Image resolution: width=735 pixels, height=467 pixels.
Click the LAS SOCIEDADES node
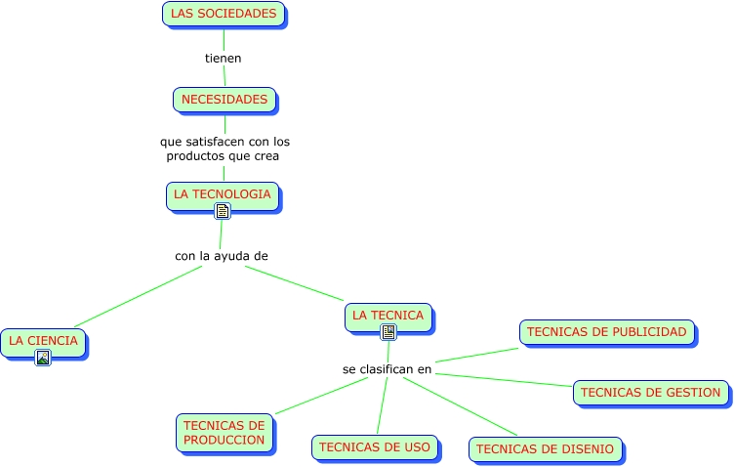click(224, 14)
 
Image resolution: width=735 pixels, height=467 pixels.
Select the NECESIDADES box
click(225, 100)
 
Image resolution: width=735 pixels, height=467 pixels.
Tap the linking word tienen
click(223, 58)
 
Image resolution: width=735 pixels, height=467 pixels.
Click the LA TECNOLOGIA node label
click(222, 193)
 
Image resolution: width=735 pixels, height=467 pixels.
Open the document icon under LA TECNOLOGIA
click(223, 211)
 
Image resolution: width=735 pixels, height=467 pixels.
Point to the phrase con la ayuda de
click(222, 256)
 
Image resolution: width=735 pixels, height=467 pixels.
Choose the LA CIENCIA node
click(43, 340)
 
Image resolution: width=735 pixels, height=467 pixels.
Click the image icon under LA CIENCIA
click(43, 358)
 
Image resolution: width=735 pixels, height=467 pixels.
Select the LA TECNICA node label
click(388, 315)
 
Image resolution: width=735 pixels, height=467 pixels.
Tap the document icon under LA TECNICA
click(388, 332)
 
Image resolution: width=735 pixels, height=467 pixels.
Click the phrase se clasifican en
click(387, 369)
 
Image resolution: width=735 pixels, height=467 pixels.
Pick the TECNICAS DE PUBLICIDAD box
click(606, 332)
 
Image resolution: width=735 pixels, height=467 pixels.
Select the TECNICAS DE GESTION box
click(650, 393)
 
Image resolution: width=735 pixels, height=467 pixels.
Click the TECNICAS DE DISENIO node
click(545, 449)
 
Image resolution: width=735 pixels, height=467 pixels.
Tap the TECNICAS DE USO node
click(375, 447)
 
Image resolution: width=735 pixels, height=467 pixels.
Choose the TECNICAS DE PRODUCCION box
click(224, 433)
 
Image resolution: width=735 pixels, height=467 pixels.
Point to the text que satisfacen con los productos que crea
click(225, 149)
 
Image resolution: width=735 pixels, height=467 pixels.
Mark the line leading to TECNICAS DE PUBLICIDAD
click(477, 356)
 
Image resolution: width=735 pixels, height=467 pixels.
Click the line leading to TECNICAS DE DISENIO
click(459, 406)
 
